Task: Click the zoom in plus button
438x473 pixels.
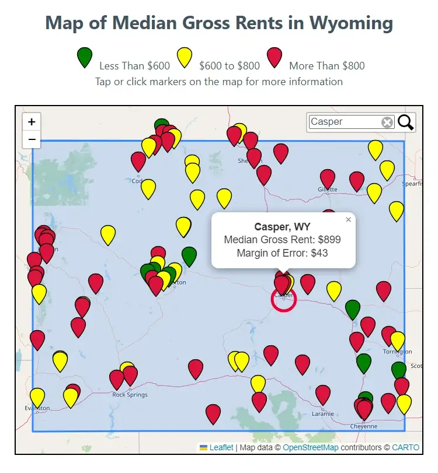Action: (32, 122)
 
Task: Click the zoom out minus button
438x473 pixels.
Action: (32, 139)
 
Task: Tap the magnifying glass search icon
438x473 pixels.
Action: (406, 122)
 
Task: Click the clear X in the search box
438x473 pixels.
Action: (387, 122)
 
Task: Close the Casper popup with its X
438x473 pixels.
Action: (349, 220)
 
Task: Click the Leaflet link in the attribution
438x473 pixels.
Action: (221, 447)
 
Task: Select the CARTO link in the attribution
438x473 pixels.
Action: (405, 447)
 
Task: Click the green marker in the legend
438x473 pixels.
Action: (85, 58)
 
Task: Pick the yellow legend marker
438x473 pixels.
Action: (185, 58)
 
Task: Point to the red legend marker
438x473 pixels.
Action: (274, 58)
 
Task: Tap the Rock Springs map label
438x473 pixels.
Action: (130, 395)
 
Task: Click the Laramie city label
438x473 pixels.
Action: (323, 414)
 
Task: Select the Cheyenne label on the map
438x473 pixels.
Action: (363, 426)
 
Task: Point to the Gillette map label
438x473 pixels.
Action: (328, 190)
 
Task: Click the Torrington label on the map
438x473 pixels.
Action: (397, 352)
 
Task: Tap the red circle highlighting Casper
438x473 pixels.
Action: (284, 299)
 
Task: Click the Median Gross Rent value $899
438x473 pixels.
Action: (328, 240)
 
